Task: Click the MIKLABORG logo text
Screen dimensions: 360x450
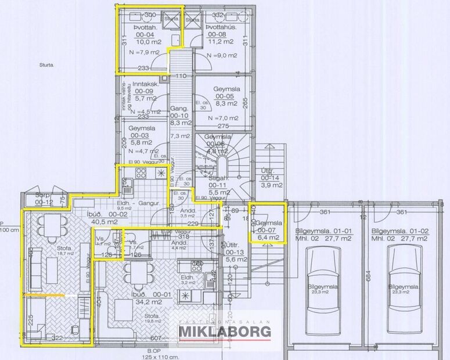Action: click(224, 331)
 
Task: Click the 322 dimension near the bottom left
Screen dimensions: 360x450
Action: click(56, 337)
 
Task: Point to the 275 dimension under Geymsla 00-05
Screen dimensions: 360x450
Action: click(223, 126)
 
